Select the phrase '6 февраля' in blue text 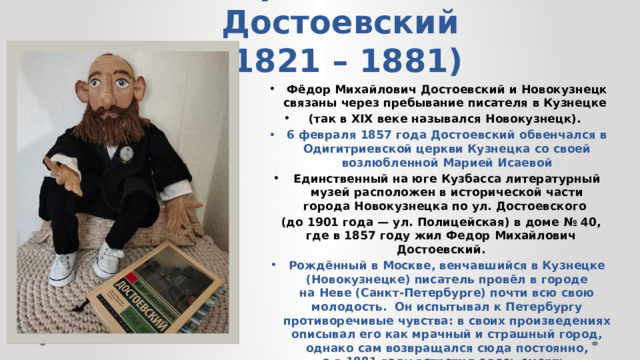click(316, 133)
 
